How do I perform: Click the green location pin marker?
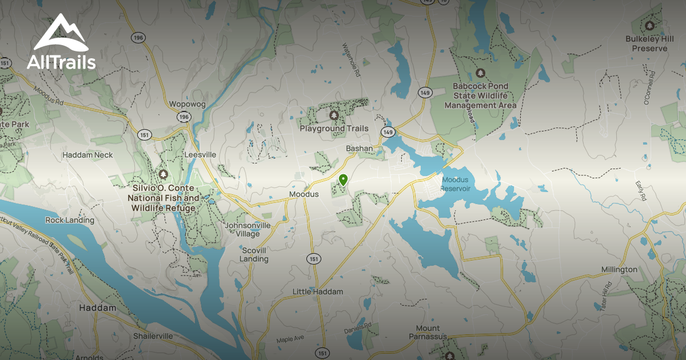[343, 181]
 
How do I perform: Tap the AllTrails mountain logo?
[61, 34]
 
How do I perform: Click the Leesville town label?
[200, 154]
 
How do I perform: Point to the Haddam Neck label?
[87, 155]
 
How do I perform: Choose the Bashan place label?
[360, 149]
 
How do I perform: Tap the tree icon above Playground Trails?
[334, 116]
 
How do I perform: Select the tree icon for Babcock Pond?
[480, 73]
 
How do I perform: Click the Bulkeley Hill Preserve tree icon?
[649, 25]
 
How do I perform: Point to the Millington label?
[619, 269]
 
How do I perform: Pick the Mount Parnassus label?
[428, 332]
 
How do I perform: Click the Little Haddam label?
[318, 291]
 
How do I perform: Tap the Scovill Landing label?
[254, 254]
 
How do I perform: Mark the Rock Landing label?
[70, 220]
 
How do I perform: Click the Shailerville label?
[153, 336]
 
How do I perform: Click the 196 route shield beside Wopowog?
[184, 117]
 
